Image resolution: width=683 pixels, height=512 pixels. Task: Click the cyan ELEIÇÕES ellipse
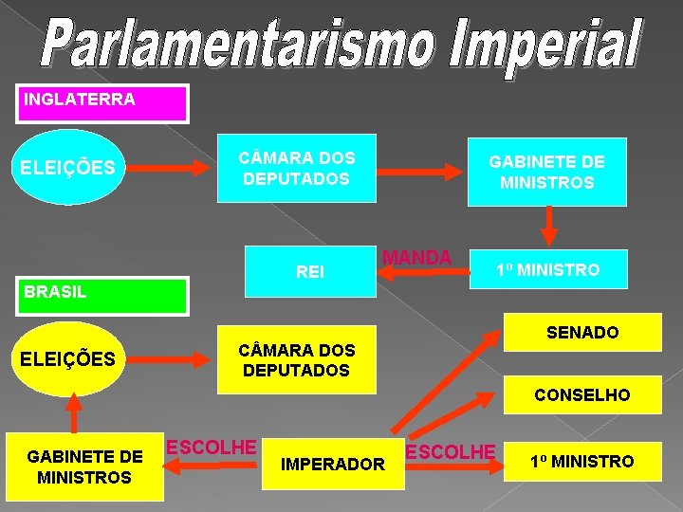click(68, 168)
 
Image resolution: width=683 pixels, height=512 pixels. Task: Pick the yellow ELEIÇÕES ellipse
click(68, 359)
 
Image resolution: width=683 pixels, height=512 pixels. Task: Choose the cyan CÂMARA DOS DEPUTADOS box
click(296, 168)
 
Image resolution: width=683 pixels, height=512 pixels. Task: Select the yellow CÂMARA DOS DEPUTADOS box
click(296, 359)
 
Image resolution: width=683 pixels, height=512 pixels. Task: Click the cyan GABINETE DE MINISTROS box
click(546, 172)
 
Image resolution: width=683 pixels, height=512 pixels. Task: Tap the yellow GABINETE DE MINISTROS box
click(85, 466)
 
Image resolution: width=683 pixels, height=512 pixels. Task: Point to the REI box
click(309, 271)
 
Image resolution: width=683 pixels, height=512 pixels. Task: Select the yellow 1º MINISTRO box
click(581, 462)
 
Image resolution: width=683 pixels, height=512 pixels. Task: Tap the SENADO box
click(582, 333)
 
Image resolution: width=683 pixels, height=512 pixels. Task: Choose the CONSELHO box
click(582, 394)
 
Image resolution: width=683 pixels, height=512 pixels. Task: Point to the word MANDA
click(417, 258)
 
